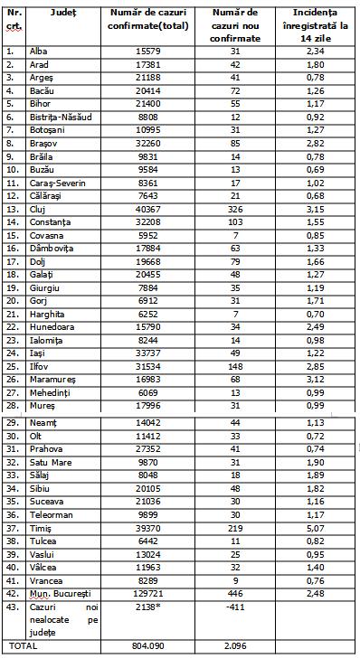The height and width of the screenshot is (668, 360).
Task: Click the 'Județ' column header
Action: tap(64, 14)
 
